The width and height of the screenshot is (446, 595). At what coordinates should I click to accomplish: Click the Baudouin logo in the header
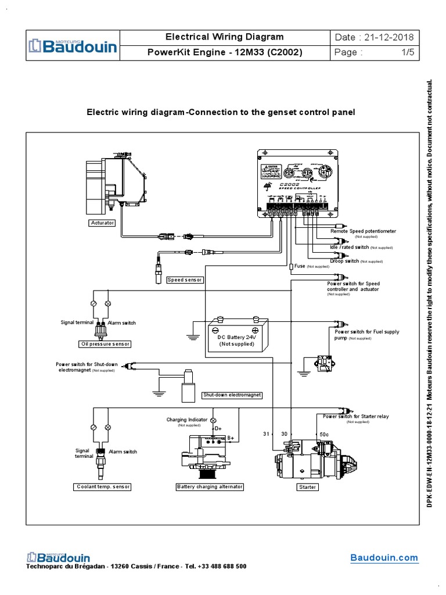[x=73, y=45]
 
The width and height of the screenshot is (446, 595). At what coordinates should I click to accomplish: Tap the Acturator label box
[x=102, y=223]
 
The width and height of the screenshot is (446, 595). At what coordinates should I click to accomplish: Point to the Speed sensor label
[x=185, y=280]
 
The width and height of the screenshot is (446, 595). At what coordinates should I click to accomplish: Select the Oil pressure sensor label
[x=105, y=344]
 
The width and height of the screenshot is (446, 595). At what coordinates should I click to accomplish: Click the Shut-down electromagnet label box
[x=231, y=395]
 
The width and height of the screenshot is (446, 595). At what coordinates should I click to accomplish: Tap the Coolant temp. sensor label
[x=102, y=487]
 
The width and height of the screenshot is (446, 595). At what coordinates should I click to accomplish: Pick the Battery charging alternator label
[x=210, y=487]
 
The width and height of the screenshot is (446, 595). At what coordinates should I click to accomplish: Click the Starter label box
[x=307, y=487]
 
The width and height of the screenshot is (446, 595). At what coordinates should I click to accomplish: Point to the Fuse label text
[x=300, y=266]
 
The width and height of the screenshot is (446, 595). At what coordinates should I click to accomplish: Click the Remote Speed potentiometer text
[x=363, y=231]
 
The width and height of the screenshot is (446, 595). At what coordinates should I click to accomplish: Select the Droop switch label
[x=344, y=261]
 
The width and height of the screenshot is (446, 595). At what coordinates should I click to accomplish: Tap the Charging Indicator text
[x=185, y=420]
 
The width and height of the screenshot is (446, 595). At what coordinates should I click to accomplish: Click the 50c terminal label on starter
[x=325, y=434]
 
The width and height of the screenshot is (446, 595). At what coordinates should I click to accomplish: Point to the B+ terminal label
[x=231, y=437]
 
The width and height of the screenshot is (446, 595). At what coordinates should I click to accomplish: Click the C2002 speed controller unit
[x=298, y=183]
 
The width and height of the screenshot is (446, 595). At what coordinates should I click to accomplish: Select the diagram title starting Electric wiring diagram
[x=221, y=112]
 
